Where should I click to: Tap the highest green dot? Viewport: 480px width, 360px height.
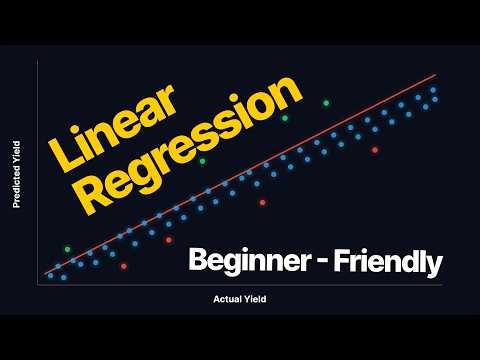[x=325, y=102]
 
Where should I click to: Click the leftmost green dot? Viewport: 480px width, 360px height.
[x=67, y=248]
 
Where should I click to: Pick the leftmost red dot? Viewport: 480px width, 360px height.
[x=123, y=266]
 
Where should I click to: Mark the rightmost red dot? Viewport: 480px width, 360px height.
[x=375, y=150]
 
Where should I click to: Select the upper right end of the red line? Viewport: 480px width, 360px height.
[x=436, y=74]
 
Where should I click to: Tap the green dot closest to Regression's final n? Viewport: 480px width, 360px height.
[x=285, y=118]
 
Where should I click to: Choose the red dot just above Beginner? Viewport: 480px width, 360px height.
[x=262, y=202]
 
